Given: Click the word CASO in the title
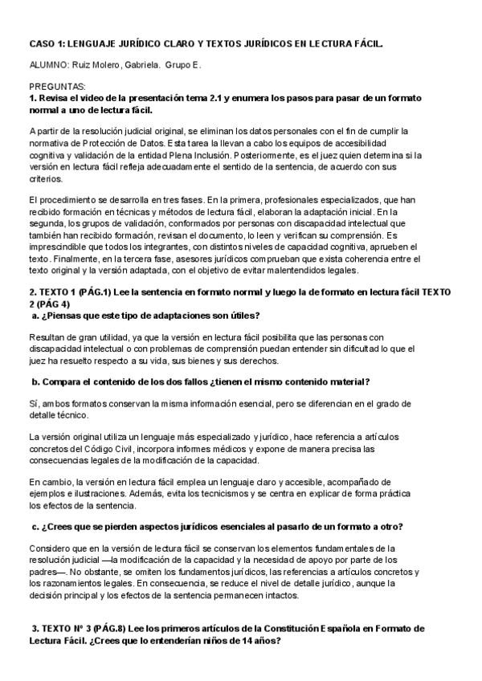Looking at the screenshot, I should pos(41,46).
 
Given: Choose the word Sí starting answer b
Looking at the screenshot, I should pos(32,400).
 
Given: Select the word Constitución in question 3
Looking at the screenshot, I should pos(297,628).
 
